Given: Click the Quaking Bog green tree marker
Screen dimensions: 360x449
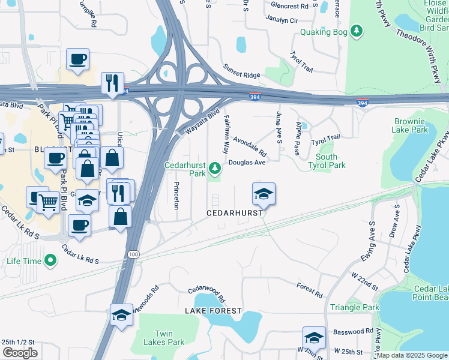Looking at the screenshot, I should coord(357,31).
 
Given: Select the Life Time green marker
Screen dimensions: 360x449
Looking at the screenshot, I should coord(50,261).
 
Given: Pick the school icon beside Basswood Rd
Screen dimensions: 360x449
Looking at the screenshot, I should coord(313,338).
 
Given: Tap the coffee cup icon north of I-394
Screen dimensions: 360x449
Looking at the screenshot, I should coord(77,59).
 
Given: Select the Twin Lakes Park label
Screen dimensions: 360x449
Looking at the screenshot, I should coord(169,338).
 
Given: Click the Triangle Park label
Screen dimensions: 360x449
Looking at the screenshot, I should coord(354,307).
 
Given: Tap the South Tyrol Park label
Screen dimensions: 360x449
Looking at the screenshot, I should coord(327,161).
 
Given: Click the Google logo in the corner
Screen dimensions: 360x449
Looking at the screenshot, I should coord(20,352).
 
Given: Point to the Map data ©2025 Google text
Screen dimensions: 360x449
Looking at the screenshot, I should coord(412,355).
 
